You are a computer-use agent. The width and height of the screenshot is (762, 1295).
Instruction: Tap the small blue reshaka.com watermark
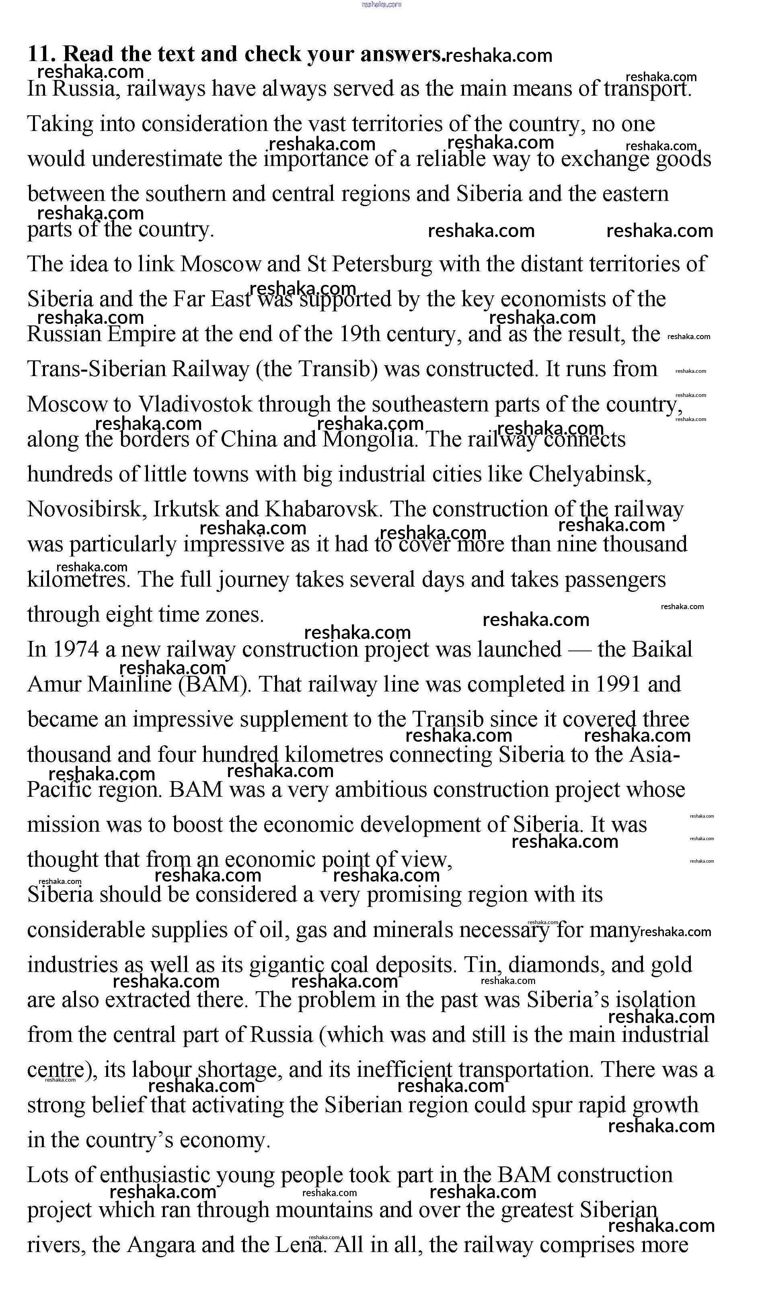point(381,5)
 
